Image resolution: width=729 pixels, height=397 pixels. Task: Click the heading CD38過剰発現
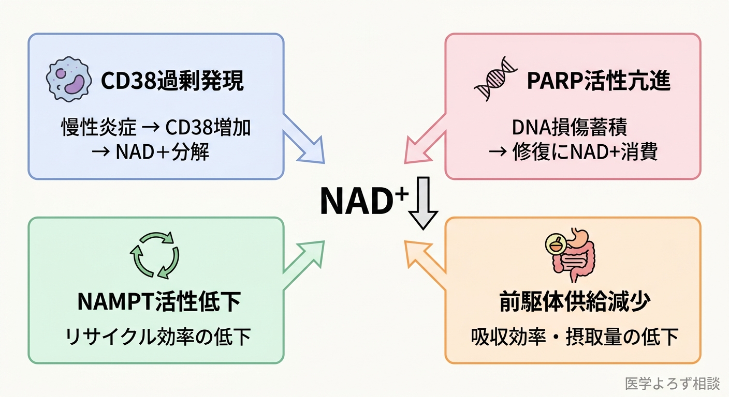pyautogui.click(x=172, y=82)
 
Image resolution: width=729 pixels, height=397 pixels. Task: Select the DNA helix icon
pyautogui.click(x=497, y=83)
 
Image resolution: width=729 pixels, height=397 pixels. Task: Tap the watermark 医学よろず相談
pyautogui.click(x=672, y=384)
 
